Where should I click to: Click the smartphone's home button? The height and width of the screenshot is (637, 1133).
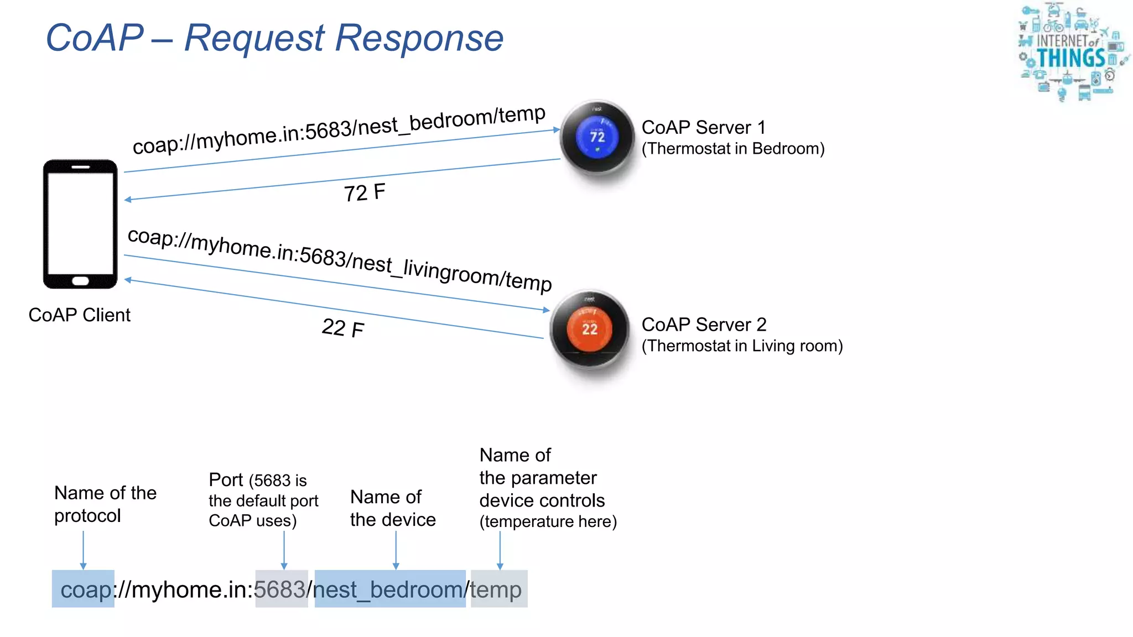click(x=80, y=281)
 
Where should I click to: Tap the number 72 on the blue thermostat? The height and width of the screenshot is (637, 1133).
click(x=597, y=137)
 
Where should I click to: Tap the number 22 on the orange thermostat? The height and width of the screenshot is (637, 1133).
click(x=590, y=329)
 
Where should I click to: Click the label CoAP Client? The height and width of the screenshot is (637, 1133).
click(x=79, y=315)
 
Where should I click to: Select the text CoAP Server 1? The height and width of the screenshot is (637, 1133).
click(x=703, y=127)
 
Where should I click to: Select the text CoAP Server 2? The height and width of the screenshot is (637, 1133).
click(x=704, y=324)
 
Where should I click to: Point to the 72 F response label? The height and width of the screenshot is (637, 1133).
click(x=364, y=192)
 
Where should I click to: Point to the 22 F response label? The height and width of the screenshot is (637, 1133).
click(x=342, y=328)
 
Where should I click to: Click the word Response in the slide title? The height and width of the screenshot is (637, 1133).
click(x=419, y=38)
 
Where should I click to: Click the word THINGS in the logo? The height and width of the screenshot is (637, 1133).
click(x=1070, y=58)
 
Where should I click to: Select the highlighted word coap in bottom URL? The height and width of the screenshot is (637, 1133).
click(x=84, y=589)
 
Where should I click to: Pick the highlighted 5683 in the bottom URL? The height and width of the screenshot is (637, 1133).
click(x=281, y=589)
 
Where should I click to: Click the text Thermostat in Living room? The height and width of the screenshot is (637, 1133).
click(x=742, y=346)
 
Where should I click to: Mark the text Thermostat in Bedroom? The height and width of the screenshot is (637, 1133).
click(x=732, y=149)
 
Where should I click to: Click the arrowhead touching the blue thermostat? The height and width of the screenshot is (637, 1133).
click(x=557, y=129)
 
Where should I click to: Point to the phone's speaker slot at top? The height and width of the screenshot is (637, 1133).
click(x=80, y=167)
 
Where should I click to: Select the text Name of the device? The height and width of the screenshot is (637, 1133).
click(x=392, y=508)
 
